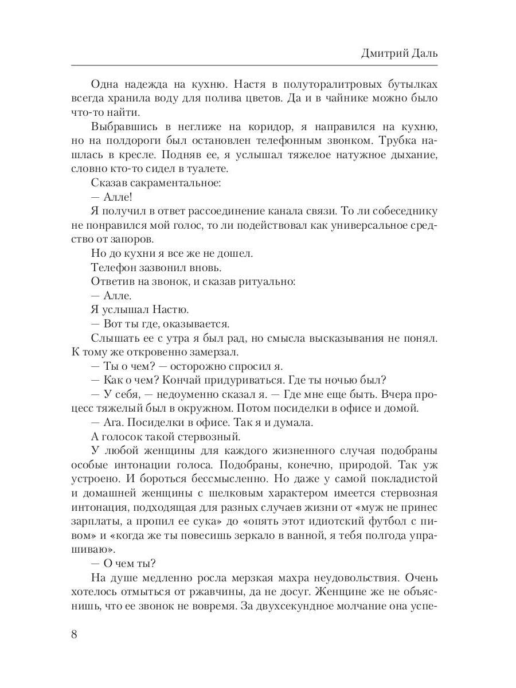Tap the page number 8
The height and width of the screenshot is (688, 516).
click(x=73, y=635)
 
